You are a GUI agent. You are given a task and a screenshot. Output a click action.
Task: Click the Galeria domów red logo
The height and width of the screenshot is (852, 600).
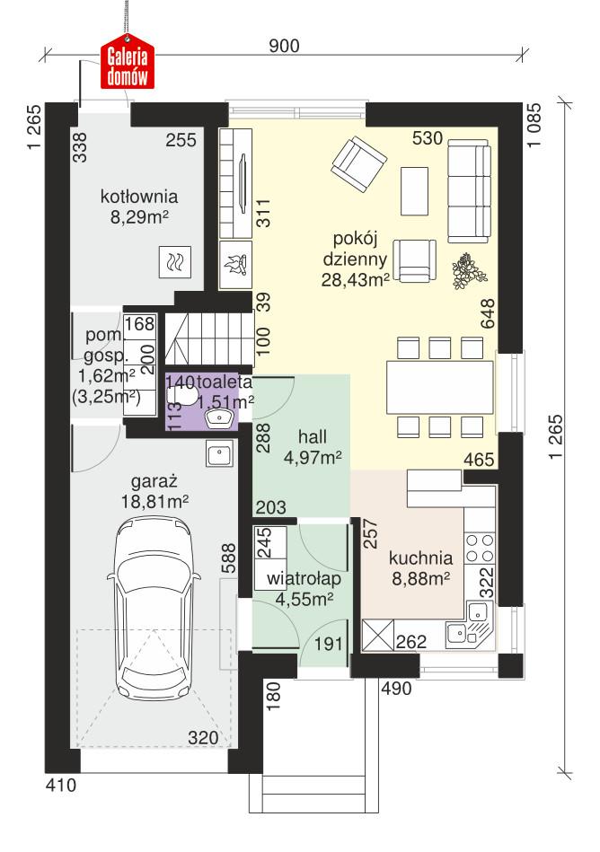coord(127,64)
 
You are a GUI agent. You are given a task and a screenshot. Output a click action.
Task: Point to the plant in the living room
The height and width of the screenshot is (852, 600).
coord(467,269)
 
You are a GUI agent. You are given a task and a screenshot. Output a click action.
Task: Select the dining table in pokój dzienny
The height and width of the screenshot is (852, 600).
coord(440,386)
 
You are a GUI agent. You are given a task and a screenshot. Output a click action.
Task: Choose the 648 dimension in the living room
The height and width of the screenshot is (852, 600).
coord(489,312)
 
